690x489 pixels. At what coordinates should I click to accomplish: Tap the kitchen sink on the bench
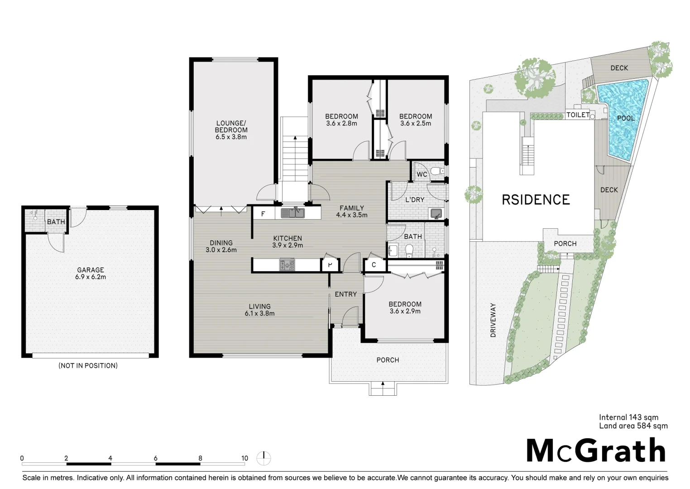point(292,213)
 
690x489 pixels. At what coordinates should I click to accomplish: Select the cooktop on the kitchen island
point(287,265)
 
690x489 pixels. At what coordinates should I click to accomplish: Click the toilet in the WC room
point(437,170)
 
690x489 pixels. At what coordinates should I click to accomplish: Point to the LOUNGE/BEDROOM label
point(231,130)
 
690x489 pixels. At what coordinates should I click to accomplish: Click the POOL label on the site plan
point(626,118)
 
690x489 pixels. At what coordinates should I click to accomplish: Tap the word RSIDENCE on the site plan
point(536,200)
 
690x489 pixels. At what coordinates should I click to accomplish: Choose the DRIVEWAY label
point(493,320)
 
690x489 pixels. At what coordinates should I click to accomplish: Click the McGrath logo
point(596,451)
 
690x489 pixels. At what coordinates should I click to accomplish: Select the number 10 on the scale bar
point(244,458)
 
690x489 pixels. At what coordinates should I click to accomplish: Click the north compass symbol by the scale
point(264,458)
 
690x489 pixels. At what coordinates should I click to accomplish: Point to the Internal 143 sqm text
point(629,417)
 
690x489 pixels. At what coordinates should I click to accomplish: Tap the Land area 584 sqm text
point(633,426)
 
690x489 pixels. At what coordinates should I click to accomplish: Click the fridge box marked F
point(264,213)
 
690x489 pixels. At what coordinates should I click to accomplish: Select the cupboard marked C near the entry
point(374,265)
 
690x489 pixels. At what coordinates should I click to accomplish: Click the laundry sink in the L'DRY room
point(436,213)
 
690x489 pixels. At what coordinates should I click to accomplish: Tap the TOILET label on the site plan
point(578,115)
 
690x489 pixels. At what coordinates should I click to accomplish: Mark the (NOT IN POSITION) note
point(88,366)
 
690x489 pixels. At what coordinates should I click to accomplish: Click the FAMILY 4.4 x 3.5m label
point(352,212)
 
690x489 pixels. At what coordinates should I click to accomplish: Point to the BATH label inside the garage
point(56,222)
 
